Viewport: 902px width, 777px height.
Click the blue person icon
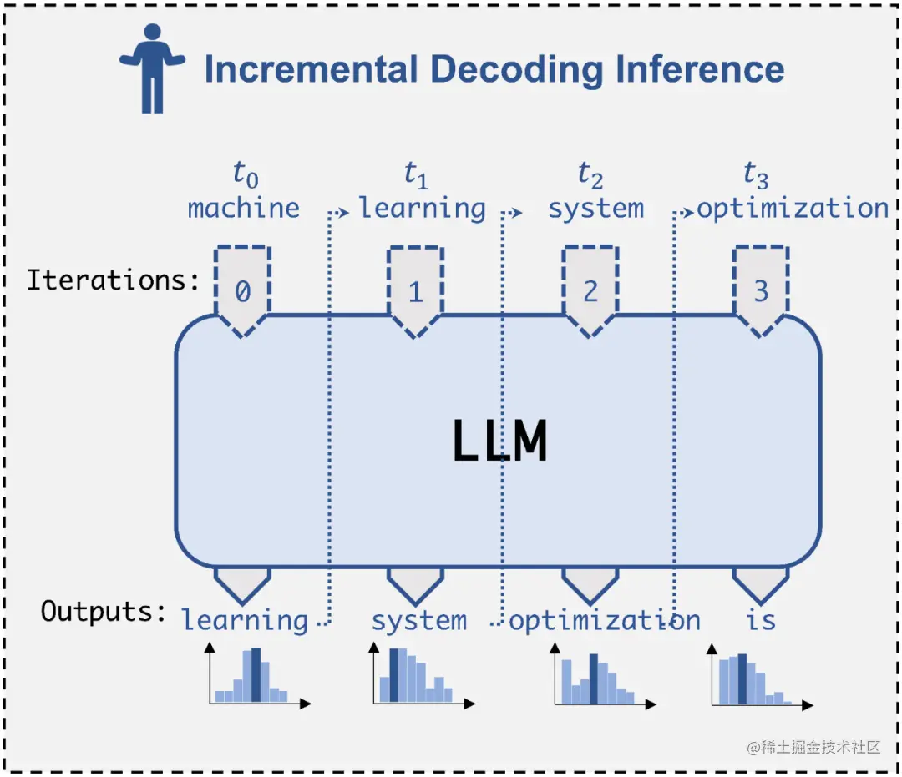tap(151, 68)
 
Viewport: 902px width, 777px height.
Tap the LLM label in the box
tap(499, 442)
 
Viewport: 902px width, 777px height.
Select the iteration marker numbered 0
tap(242, 288)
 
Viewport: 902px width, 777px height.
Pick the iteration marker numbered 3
tap(760, 288)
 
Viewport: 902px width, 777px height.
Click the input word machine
tap(243, 208)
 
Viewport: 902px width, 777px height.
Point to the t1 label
tap(416, 174)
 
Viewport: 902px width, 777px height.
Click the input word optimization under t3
tap(793, 208)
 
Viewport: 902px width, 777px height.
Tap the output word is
tap(761, 620)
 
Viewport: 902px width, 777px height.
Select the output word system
tap(418, 620)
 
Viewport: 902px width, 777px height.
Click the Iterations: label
tap(114, 280)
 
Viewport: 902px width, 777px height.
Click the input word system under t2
tap(595, 208)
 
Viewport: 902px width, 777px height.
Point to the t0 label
tap(246, 174)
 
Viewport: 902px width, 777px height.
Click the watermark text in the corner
tap(813, 747)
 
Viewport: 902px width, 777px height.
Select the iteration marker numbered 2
tap(590, 288)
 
